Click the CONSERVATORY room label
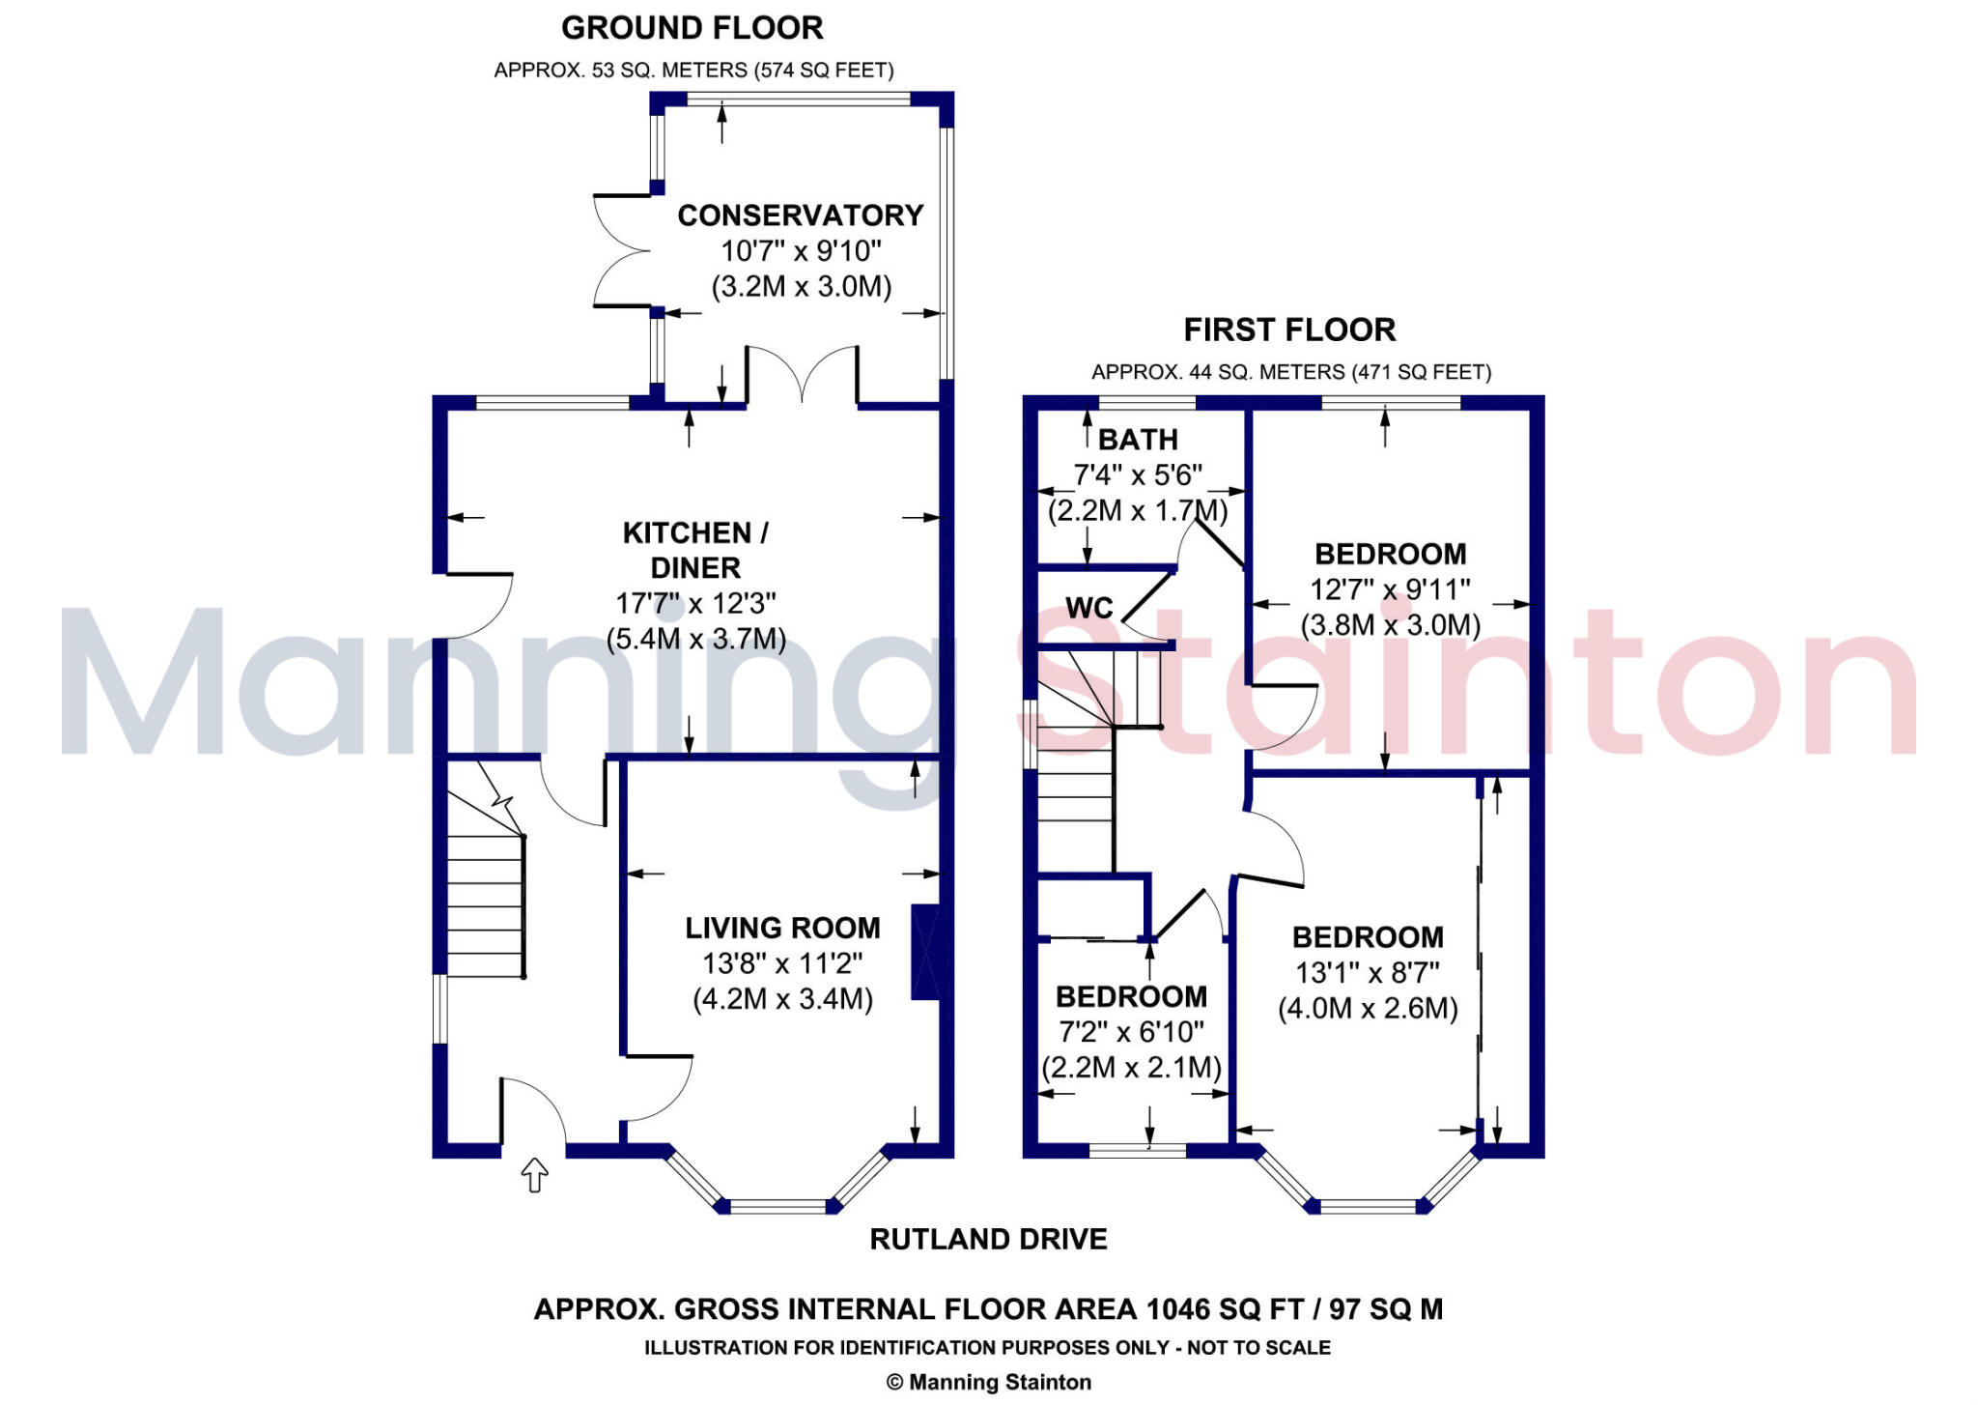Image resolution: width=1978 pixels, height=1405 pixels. pyautogui.click(x=800, y=215)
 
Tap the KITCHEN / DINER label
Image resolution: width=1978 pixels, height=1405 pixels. pyautogui.click(x=695, y=550)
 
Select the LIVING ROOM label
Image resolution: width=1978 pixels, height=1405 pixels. pyautogui.click(x=782, y=928)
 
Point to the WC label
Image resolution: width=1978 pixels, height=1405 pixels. pyautogui.click(x=1089, y=608)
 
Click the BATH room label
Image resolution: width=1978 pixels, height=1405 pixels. pyautogui.click(x=1138, y=440)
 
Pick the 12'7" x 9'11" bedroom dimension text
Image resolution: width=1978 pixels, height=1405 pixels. pyautogui.click(x=1390, y=589)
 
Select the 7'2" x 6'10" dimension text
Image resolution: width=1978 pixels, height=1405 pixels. pyautogui.click(x=1131, y=1032)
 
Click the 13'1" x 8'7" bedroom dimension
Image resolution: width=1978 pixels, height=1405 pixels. pyautogui.click(x=1368, y=973)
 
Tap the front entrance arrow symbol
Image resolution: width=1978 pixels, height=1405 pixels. pyautogui.click(x=534, y=1175)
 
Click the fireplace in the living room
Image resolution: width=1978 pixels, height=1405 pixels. pyautogui.click(x=925, y=952)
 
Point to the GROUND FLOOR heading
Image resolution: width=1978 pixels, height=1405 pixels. pyautogui.click(x=692, y=28)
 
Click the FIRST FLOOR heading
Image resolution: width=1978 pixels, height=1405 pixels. pyautogui.click(x=1289, y=330)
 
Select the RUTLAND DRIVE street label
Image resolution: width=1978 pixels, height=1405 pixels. pyautogui.click(x=988, y=1239)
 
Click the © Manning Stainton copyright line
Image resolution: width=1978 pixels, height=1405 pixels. pyautogui.click(x=988, y=1382)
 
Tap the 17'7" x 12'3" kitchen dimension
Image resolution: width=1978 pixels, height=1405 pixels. pyautogui.click(x=695, y=604)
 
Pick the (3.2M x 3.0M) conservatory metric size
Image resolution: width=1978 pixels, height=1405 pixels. pyautogui.click(x=801, y=287)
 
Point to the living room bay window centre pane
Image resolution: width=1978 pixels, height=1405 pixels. pyautogui.click(x=777, y=1205)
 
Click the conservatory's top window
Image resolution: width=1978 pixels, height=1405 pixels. pyautogui.click(x=798, y=99)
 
